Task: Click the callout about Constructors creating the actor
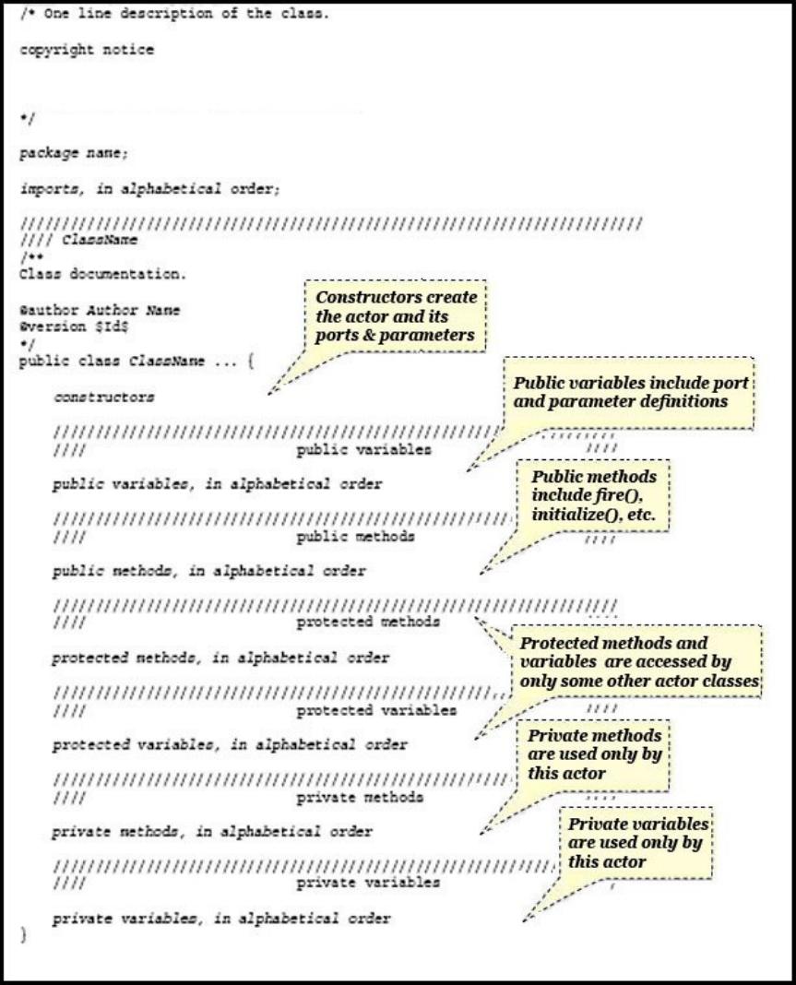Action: [x=395, y=315]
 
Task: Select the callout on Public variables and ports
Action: [x=631, y=391]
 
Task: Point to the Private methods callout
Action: [x=595, y=752]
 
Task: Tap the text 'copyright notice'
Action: [x=87, y=51]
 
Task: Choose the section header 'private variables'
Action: [x=368, y=883]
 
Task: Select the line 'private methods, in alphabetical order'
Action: [x=212, y=831]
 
